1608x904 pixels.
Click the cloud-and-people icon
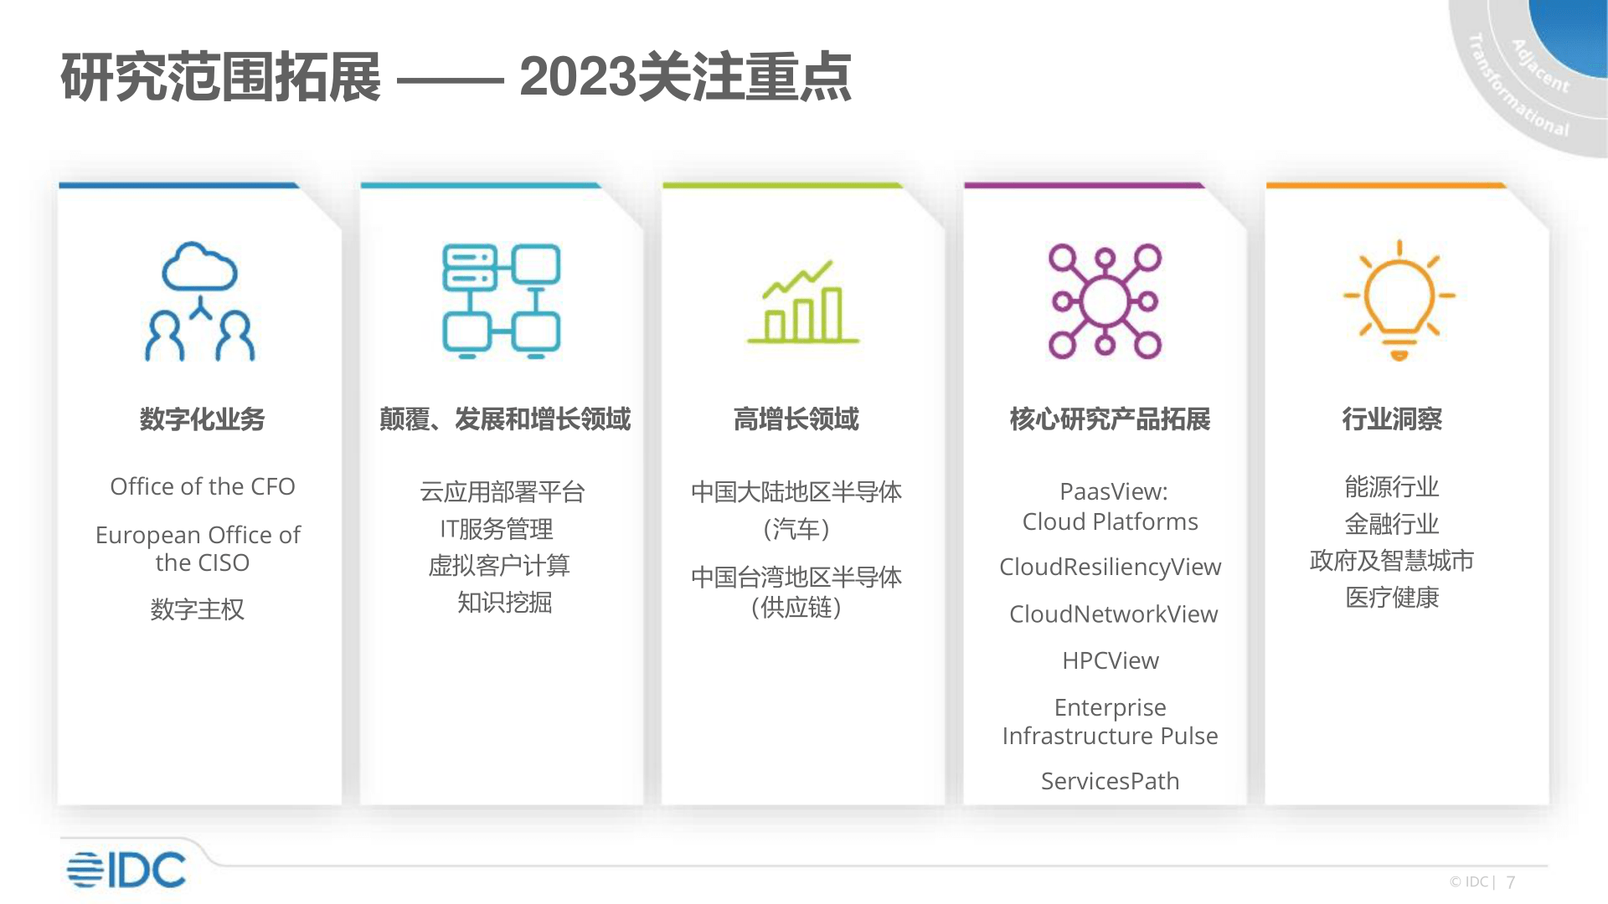tap(199, 301)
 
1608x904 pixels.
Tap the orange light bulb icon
tap(1399, 300)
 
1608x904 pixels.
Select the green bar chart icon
tap(802, 302)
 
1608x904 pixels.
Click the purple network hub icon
tap(1105, 301)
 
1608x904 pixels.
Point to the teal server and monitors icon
tap(501, 301)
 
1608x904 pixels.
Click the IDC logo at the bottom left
tap(126, 870)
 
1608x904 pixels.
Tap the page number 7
tap(1511, 882)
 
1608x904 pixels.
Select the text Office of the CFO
tap(203, 486)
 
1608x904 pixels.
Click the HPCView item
tap(1111, 660)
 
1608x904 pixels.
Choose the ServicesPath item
tap(1110, 781)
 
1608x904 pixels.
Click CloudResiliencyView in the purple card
tap(1111, 568)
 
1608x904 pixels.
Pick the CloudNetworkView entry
tap(1113, 614)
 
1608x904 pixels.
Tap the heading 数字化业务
tap(202, 419)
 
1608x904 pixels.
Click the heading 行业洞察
tap(1392, 419)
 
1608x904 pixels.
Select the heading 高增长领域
tap(796, 419)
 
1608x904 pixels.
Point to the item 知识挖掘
tap(504, 602)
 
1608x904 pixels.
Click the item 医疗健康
tap(1392, 598)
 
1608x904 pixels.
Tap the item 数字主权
tap(198, 609)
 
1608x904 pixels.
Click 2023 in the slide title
tap(578, 77)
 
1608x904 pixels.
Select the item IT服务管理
tap(497, 529)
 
